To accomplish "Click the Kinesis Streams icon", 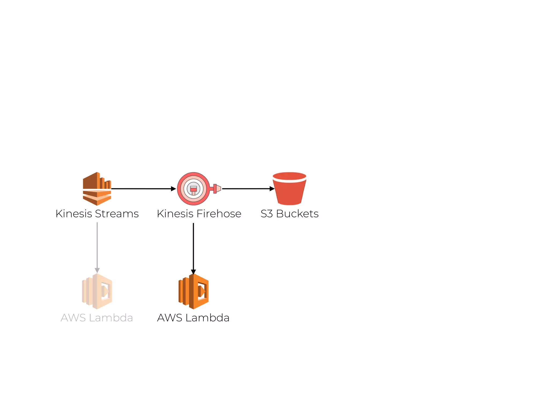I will point(97,189).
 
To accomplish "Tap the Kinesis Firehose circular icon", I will point(194,189).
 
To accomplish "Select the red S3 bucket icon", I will point(290,189).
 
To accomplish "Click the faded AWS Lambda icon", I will point(97,291).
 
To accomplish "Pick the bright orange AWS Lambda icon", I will point(194,291).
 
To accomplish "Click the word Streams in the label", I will point(117,214).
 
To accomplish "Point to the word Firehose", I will point(219,214).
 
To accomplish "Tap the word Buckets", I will point(297,214).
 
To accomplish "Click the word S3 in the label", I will point(267,214).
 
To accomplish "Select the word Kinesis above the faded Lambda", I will point(74,214).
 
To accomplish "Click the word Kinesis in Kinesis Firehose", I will point(175,214).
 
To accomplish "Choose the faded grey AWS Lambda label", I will point(97,318).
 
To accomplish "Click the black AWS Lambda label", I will point(193,318).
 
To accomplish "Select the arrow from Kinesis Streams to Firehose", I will point(142,189).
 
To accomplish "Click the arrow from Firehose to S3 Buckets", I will point(247,189).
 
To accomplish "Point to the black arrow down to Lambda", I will point(193,247).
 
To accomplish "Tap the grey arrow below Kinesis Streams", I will point(97,245).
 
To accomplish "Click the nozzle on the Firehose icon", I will point(217,189).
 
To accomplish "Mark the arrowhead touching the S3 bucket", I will point(272,189).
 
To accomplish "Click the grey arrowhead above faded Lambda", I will point(97,270).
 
